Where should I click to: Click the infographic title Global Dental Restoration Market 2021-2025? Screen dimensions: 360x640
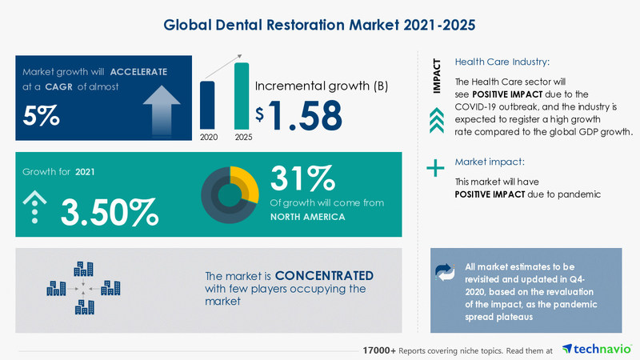point(319,24)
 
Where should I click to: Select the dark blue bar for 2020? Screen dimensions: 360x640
point(207,105)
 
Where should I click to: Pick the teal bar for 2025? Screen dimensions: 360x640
point(241,95)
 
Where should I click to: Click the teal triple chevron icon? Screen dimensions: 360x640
point(436,121)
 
